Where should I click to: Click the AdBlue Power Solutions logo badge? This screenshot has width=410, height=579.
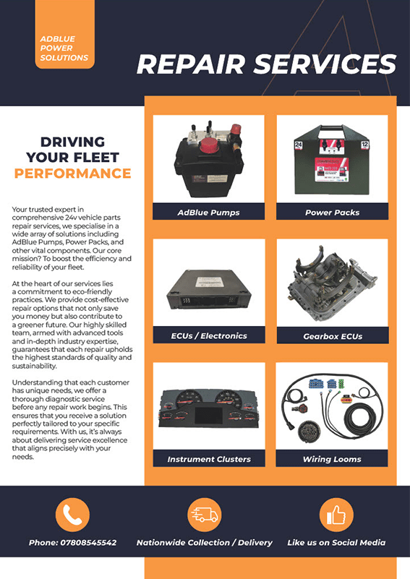tap(64, 34)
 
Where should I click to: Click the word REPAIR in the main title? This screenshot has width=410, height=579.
tap(191, 64)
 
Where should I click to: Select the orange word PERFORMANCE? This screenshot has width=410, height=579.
tap(73, 173)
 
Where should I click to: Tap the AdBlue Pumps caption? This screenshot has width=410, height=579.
tap(209, 213)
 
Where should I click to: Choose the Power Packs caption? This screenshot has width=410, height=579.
tap(333, 213)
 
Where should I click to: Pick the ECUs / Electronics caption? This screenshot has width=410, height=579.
tap(209, 335)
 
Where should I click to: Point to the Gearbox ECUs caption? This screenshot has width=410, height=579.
tap(333, 336)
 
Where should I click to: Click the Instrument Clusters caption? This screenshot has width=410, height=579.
tap(209, 459)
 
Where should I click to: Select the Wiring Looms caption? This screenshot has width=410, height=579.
tap(332, 459)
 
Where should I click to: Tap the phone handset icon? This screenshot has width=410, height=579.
tap(72, 515)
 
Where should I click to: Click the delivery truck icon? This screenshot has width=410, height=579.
tap(204, 515)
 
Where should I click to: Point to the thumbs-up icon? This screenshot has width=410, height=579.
tap(336, 515)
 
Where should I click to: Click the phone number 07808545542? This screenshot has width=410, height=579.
tap(88, 542)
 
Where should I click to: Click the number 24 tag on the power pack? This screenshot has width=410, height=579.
tap(299, 145)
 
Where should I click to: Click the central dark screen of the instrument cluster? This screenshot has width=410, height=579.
tap(209, 416)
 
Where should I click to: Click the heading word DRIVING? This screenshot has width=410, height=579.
tap(73, 142)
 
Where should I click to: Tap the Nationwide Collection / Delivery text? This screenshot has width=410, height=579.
tap(204, 542)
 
